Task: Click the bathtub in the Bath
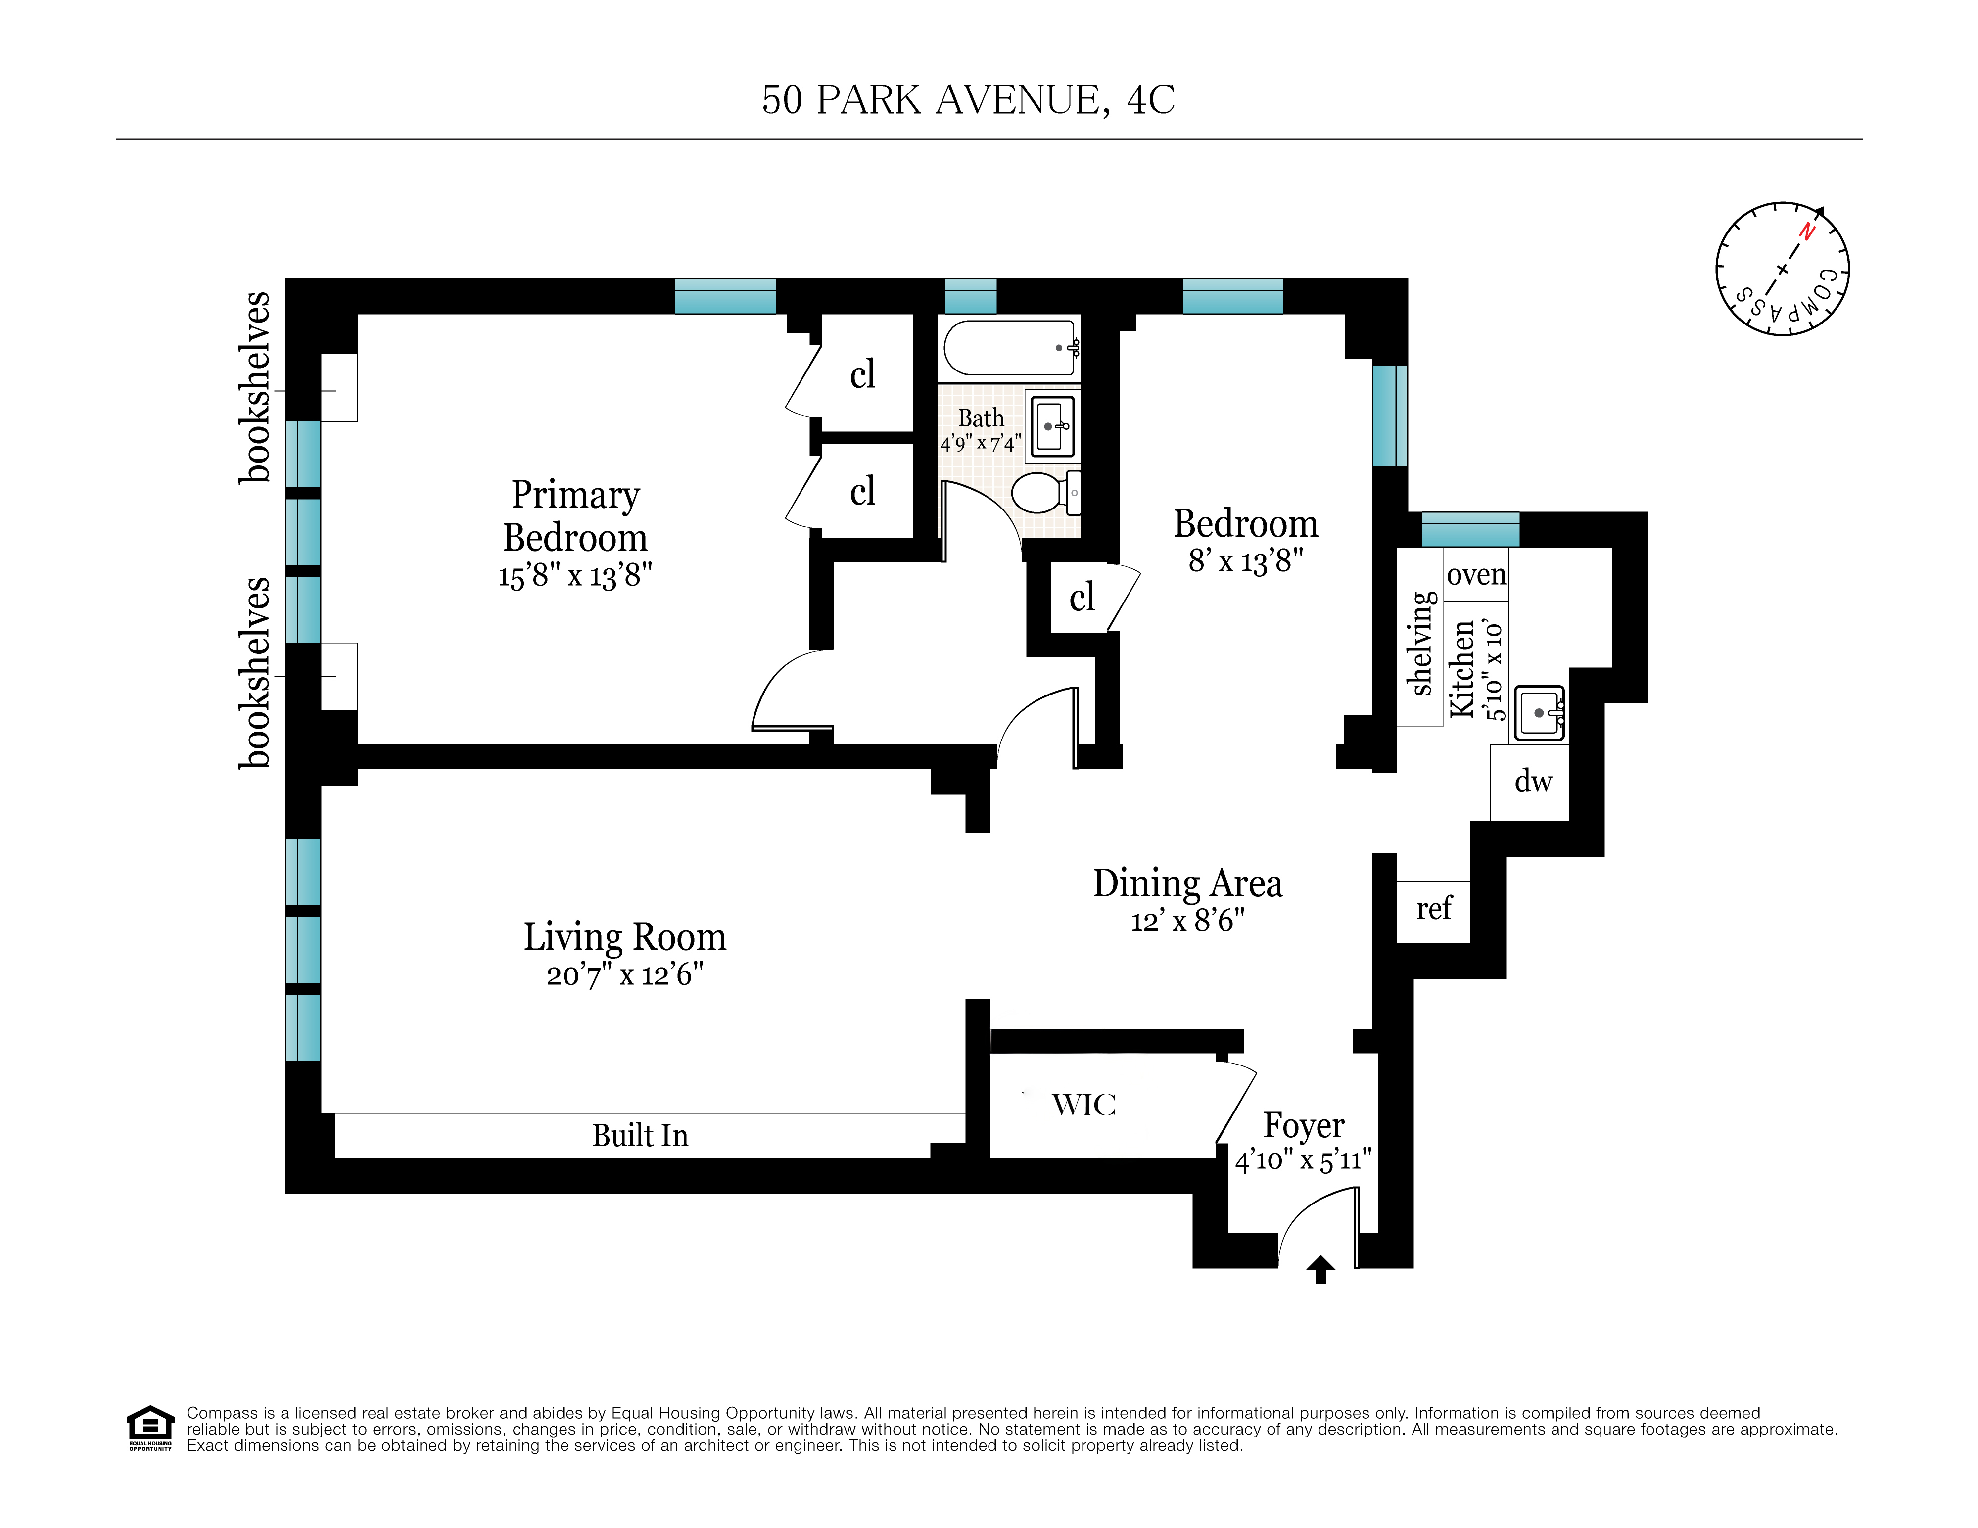1010,348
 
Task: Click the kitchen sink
1540,713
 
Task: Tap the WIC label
1084,1105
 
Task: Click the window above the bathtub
971,296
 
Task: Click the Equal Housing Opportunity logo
150,1429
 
